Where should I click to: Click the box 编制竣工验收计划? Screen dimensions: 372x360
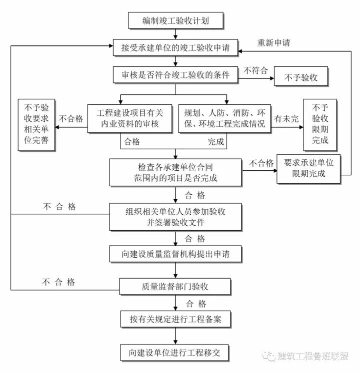(x=175, y=20)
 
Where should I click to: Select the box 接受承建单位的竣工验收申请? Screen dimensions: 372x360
(x=175, y=48)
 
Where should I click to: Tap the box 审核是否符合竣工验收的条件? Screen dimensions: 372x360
(x=175, y=75)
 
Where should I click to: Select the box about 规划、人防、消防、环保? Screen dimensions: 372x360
(x=225, y=118)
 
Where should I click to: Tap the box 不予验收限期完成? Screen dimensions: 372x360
(x=320, y=124)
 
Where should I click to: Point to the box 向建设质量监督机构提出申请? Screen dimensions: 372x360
(x=175, y=254)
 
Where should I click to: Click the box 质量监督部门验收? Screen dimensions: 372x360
(x=175, y=287)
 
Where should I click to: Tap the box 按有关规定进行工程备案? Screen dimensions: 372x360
(x=175, y=318)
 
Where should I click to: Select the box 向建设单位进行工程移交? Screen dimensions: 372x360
(x=175, y=352)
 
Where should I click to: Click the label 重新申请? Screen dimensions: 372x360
(x=274, y=42)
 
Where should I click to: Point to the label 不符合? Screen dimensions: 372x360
(x=255, y=71)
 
